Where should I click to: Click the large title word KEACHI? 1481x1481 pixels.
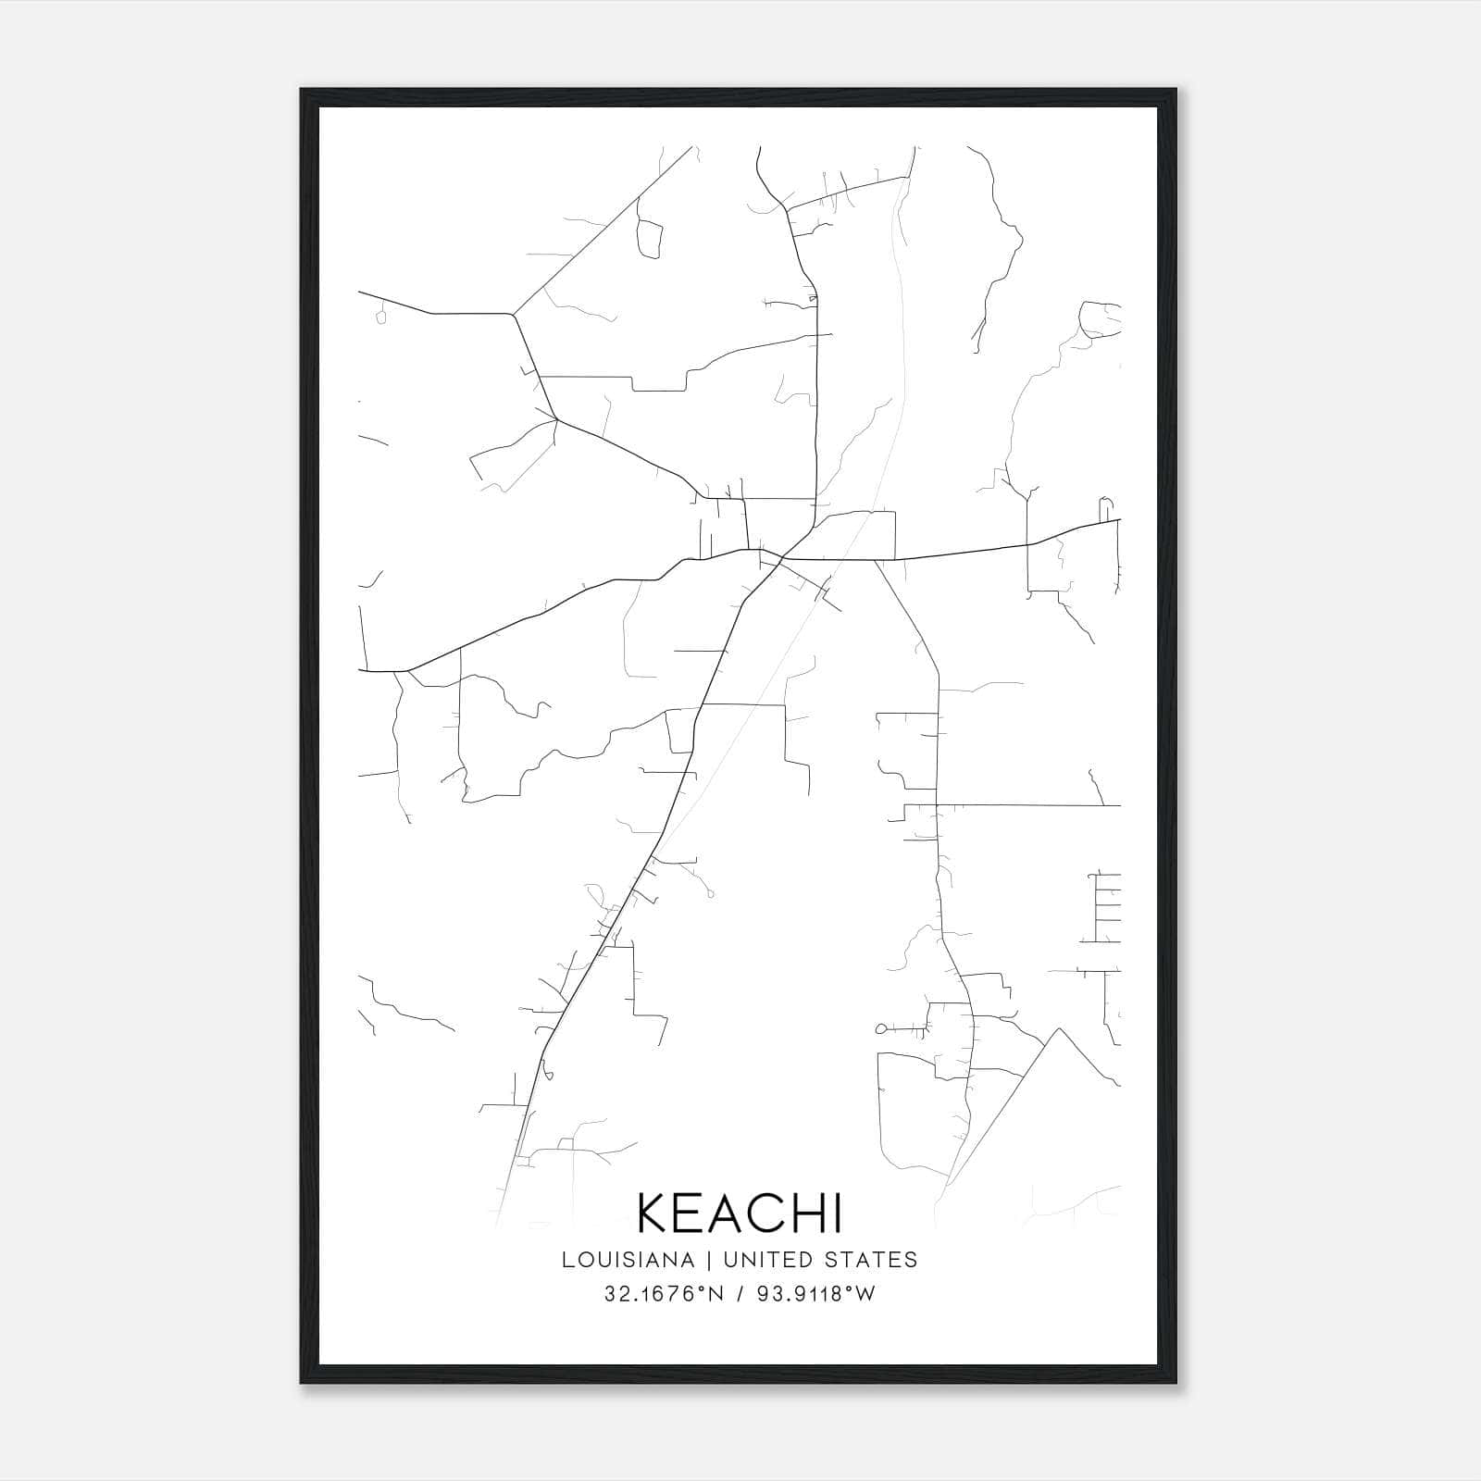coord(740,1213)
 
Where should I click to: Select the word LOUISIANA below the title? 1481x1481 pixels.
coord(628,1260)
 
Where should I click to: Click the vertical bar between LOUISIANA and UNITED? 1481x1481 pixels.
coord(708,1260)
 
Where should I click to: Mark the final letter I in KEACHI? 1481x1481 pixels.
coord(838,1213)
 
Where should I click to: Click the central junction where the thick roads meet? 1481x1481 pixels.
coord(782,558)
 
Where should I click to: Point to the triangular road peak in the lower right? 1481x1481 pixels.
coord(1058,1028)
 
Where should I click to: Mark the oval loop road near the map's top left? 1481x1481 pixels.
coord(650,239)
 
